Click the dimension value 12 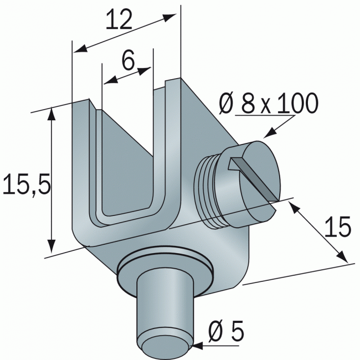coord(119,20)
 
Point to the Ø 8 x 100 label coord(269,104)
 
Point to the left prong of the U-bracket coord(84,166)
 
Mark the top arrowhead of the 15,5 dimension coord(52,114)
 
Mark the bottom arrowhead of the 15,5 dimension coord(52,249)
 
